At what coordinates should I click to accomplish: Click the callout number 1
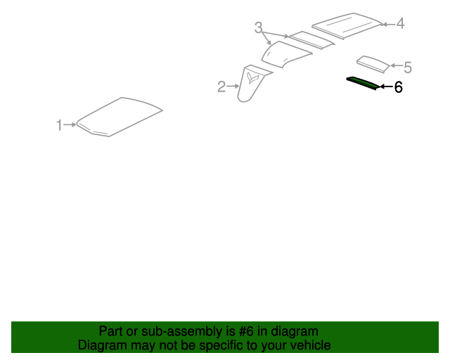59,125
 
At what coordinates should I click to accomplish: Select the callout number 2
221,86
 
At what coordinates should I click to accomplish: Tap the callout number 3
258,28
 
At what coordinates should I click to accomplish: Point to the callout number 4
400,23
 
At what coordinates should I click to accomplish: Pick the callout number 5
408,67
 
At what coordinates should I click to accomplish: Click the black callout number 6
398,87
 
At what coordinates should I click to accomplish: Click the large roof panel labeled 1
120,117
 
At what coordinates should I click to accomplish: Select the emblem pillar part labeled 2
252,83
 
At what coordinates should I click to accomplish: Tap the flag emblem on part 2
252,78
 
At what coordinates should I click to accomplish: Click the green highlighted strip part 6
363,83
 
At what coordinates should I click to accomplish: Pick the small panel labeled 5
373,64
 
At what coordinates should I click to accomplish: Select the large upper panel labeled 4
347,25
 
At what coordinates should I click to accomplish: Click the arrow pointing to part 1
70,124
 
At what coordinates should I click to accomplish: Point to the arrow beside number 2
233,86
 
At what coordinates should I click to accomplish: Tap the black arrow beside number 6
386,86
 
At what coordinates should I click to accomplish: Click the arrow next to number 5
397,65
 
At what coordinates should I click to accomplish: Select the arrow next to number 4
389,25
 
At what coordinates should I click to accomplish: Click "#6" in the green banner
246,332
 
